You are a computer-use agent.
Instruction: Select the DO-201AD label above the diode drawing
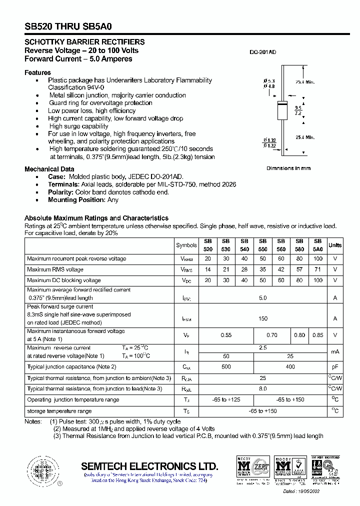pyautogui.click(x=263, y=52)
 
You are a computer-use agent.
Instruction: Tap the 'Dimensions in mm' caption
pyautogui.click(x=288, y=168)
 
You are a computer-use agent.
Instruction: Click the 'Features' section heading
pyautogui.click(x=37, y=72)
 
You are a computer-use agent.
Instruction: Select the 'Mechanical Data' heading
pyautogui.click(x=49, y=169)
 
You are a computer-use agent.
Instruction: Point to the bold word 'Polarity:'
pyautogui.click(x=61, y=192)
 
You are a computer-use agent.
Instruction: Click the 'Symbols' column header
pyautogui.click(x=186, y=245)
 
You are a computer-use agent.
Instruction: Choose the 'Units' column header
pyautogui.click(x=335, y=245)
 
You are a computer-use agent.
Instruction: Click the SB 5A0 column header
pyautogui.click(x=317, y=245)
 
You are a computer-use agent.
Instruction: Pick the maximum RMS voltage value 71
pyautogui.click(x=317, y=269)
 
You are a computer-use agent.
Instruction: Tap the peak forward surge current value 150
pyautogui.click(x=263, y=318)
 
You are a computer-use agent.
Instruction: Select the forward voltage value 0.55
pyautogui.click(x=226, y=335)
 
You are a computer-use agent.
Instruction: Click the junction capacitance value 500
pyautogui.click(x=226, y=367)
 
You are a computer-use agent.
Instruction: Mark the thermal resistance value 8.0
pyautogui.click(x=263, y=388)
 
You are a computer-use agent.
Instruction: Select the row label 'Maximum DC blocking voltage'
pyautogui.click(x=64, y=280)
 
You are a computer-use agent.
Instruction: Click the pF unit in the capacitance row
pyautogui.click(x=335, y=367)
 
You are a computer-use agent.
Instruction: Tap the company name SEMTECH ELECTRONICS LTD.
pyautogui.click(x=149, y=465)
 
